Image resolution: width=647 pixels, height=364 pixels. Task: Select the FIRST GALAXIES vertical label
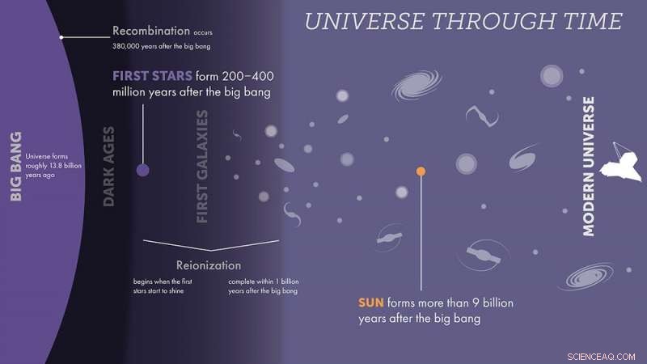point(202,167)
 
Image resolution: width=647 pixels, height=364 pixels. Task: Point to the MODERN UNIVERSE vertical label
point(589,166)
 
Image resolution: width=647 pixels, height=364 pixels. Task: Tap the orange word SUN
point(371,303)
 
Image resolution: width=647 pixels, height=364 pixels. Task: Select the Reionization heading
point(209,265)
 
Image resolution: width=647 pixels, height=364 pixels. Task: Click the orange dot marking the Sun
point(421,171)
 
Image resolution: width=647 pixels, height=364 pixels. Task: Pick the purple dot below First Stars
point(143,170)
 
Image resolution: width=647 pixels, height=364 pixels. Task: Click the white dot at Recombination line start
point(62,37)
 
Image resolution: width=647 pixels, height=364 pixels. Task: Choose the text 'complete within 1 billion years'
point(263,286)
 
